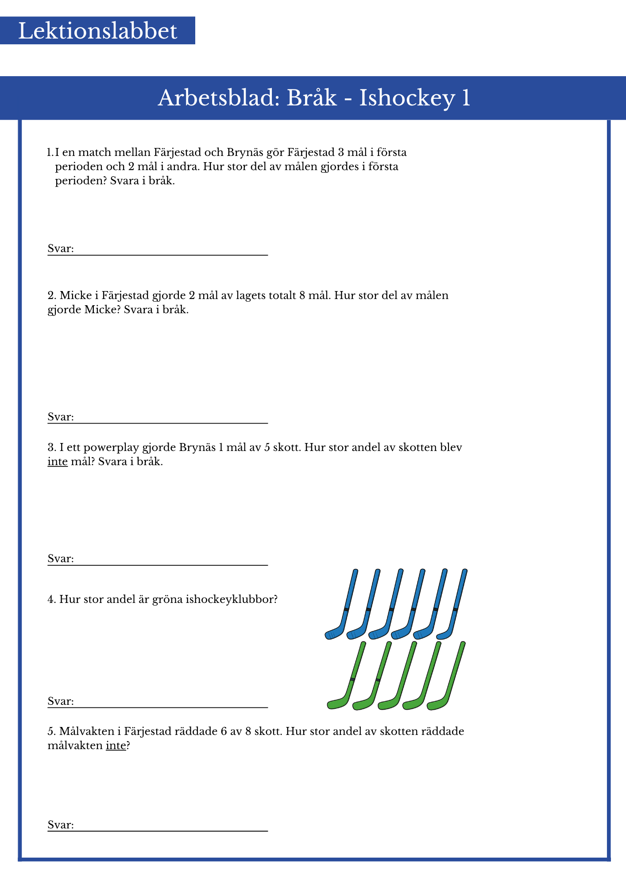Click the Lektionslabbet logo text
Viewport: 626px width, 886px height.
pos(97,31)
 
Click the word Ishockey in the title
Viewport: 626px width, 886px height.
pos(407,98)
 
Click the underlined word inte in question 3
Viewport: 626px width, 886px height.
pos(58,462)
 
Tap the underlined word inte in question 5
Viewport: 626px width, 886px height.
pos(116,746)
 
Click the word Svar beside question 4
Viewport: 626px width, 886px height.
pos(60,701)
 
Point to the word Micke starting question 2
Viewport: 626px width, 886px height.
pos(76,295)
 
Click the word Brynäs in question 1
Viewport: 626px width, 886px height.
pos(244,152)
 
